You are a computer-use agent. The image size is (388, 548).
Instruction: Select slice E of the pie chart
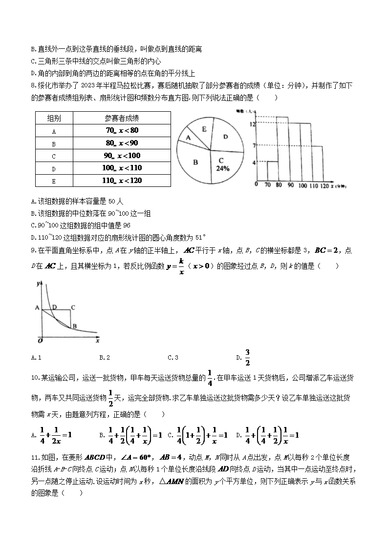coord(204,129)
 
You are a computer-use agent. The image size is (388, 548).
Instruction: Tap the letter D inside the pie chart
coord(225,137)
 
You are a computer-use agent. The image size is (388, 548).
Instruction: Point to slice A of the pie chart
coord(188,138)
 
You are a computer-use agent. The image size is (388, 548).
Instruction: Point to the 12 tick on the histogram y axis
coord(253,124)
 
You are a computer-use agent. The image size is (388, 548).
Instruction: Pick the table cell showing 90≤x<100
coord(122,156)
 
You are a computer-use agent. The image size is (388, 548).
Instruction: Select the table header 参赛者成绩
coord(122,119)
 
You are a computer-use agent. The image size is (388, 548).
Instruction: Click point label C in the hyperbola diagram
coord(73,307)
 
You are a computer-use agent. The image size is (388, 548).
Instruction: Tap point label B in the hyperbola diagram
coord(74,326)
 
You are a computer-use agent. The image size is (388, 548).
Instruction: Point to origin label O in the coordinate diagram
coord(40,341)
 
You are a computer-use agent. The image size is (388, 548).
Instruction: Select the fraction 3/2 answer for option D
coord(247,357)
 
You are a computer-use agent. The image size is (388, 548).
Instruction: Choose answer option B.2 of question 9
coord(104,358)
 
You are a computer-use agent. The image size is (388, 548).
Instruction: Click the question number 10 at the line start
coord(35,377)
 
